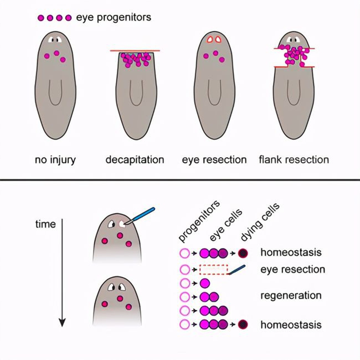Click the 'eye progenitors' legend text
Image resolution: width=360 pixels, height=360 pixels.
pos(114,17)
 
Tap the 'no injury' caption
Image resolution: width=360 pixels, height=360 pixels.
pos(55,160)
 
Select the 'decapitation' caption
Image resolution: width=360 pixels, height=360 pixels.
pos(135,160)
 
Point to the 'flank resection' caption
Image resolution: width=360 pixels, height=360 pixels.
pos(294,160)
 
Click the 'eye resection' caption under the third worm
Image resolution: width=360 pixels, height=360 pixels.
pos(214,160)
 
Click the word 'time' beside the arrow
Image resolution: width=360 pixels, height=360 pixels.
pos(45,224)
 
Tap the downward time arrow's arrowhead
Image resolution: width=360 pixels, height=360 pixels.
pos(62,322)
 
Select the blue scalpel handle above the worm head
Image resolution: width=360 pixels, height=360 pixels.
pos(143,214)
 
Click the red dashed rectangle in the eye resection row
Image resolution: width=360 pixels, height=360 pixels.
pos(214,270)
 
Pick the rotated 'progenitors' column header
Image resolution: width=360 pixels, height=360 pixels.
pos(199,222)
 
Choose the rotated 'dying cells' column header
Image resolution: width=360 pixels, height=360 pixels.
pos(260,222)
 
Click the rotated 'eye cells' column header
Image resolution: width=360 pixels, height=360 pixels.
pos(226,225)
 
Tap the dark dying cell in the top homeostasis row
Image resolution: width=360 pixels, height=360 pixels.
pos(243,253)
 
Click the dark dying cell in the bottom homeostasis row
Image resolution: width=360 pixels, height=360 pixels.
pos(243,324)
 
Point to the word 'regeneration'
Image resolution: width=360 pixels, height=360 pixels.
pos(291,296)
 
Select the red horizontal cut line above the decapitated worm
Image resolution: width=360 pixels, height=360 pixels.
pos(135,50)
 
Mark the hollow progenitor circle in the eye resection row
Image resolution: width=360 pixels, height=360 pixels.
pos(184,270)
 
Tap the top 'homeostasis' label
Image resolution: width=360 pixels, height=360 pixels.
pos(291,252)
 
